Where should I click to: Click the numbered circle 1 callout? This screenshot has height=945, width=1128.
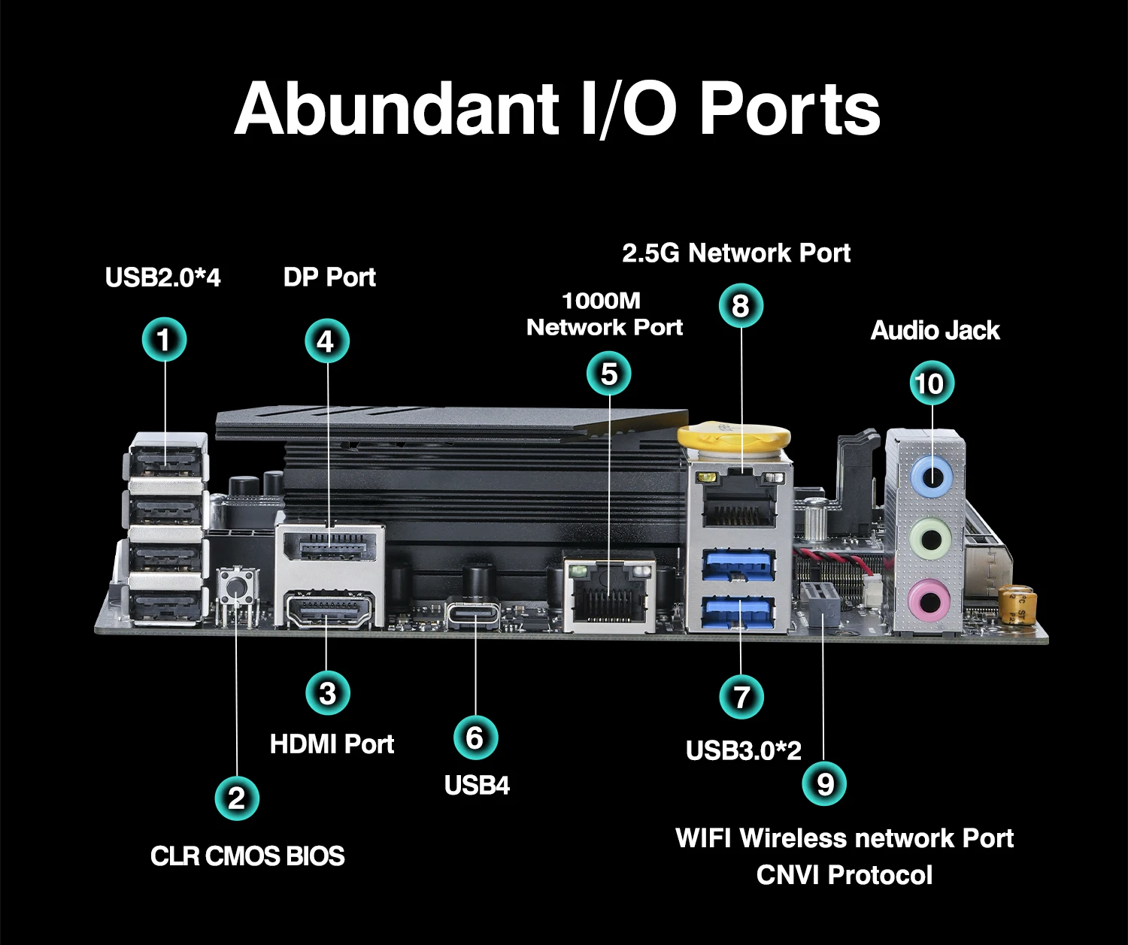coord(164,340)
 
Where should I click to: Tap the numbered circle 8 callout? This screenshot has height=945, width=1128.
coord(741,306)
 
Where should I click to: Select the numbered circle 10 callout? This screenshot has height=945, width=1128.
coord(931,383)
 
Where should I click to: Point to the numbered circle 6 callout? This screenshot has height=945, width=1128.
coord(475,738)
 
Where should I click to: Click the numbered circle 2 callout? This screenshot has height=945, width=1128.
coord(237,798)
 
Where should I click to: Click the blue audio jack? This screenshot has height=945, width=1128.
coord(932,476)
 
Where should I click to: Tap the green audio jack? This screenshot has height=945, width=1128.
coord(931,538)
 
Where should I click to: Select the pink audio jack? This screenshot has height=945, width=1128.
coord(929,601)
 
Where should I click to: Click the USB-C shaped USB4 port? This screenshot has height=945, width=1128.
coord(473,614)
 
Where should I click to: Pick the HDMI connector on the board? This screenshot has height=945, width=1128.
coord(329,610)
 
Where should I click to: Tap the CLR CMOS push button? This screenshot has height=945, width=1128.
coord(236,587)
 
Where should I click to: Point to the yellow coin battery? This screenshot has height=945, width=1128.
coord(734,441)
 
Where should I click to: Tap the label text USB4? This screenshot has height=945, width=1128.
coord(477,786)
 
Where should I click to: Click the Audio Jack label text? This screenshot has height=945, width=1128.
coord(935,331)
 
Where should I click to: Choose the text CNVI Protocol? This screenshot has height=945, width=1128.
coord(844,875)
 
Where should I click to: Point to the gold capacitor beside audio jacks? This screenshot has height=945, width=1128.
coord(1018,604)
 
